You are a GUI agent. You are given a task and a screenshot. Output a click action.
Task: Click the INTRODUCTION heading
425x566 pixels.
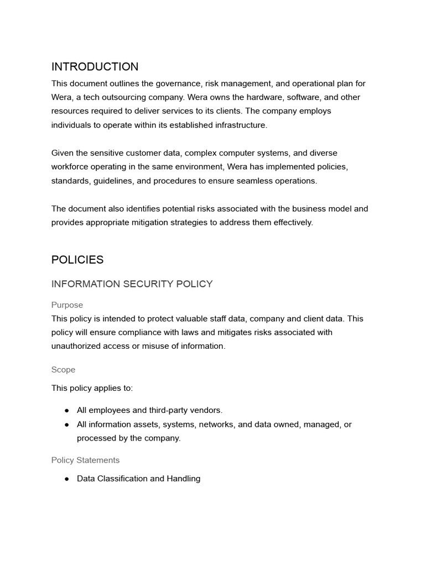(x=95, y=67)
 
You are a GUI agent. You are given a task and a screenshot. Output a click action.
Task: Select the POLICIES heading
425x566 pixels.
(x=77, y=260)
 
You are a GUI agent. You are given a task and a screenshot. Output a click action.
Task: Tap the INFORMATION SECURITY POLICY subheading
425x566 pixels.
(x=132, y=284)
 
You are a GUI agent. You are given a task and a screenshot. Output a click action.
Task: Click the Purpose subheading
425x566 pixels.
(x=67, y=305)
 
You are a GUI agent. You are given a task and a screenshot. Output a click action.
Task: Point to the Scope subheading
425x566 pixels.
(x=63, y=370)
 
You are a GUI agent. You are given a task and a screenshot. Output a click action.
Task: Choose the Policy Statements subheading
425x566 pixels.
(x=85, y=460)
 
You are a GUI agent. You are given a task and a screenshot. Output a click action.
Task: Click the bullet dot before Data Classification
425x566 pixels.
(x=66, y=479)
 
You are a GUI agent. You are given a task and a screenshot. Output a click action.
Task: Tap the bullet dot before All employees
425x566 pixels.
(x=66, y=410)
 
